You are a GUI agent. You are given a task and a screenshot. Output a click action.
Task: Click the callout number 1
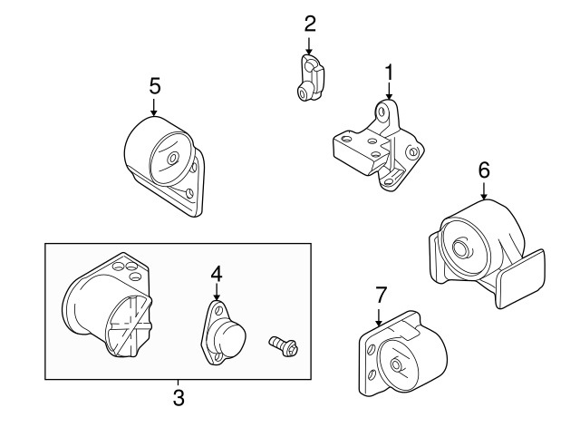coord(389,73)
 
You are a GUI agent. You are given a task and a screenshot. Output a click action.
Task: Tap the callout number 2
coord(310,24)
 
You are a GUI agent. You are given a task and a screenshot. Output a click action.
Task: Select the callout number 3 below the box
coord(179,398)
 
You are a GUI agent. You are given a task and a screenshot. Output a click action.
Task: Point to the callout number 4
coord(217,275)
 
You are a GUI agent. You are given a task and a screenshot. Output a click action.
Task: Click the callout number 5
coord(155,86)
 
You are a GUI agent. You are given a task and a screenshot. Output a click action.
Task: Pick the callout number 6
coord(484,170)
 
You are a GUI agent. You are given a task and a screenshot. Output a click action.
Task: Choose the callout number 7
coord(381,295)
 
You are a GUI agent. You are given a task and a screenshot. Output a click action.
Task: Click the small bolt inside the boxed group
coord(284,345)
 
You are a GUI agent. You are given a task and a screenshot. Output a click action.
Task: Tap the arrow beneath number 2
coord(309,46)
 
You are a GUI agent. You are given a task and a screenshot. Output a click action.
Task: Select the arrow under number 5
coord(153,107)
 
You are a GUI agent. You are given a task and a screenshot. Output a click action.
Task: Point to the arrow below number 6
coord(484,191)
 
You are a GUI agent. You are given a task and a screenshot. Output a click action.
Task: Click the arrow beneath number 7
coord(378,316)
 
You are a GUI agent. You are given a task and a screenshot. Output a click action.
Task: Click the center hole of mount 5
coord(172,159)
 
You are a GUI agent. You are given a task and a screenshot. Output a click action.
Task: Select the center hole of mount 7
coord(396,364)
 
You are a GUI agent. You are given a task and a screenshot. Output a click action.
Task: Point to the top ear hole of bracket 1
coord(382,112)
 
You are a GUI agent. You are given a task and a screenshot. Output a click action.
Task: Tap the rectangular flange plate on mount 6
coord(522,279)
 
